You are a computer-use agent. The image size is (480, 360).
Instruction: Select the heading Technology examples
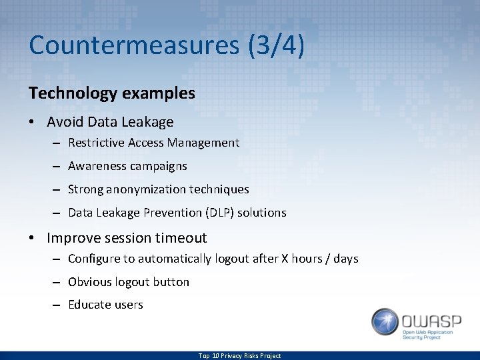point(112,93)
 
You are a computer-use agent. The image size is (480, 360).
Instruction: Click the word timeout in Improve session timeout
point(181,238)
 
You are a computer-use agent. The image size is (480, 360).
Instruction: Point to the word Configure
point(92,259)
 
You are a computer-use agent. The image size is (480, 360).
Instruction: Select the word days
point(345,259)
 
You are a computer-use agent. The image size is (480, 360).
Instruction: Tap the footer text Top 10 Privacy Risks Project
point(239,356)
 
